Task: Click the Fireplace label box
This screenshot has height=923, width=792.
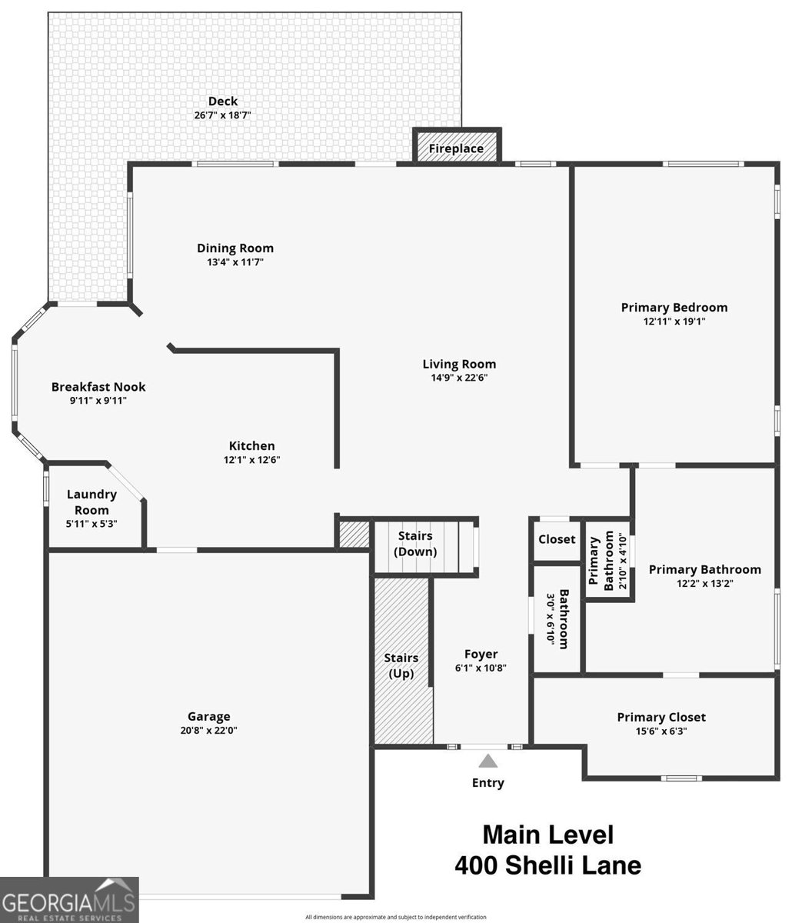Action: pyautogui.click(x=456, y=148)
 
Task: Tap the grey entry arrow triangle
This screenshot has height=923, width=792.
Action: pyautogui.click(x=488, y=761)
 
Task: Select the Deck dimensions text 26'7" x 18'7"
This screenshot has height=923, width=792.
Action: pyautogui.click(x=223, y=115)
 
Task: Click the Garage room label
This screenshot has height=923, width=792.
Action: pyautogui.click(x=208, y=716)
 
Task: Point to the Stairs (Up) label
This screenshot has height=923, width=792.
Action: pyautogui.click(x=401, y=666)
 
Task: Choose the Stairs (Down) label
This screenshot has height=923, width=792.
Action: pyautogui.click(x=415, y=544)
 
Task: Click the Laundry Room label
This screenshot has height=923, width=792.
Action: pyautogui.click(x=92, y=502)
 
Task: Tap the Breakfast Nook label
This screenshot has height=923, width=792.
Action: pyautogui.click(x=98, y=387)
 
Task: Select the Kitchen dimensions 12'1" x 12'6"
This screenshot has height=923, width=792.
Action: pyautogui.click(x=251, y=460)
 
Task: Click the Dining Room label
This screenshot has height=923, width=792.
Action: pyautogui.click(x=235, y=248)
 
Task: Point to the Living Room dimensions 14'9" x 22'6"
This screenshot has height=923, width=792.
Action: pyautogui.click(x=459, y=378)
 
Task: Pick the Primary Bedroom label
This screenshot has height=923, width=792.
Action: pyautogui.click(x=674, y=308)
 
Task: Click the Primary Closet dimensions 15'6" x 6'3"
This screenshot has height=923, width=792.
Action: pyautogui.click(x=661, y=731)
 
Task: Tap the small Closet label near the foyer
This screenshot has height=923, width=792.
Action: pyautogui.click(x=557, y=539)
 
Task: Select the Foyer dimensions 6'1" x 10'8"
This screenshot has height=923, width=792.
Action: pyautogui.click(x=481, y=668)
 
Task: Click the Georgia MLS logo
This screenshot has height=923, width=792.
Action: pyautogui.click(x=69, y=900)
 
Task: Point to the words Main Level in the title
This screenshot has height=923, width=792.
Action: pyautogui.click(x=547, y=835)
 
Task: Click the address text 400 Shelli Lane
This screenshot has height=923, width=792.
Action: pyautogui.click(x=547, y=866)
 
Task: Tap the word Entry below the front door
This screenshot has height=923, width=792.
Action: pyautogui.click(x=488, y=783)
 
